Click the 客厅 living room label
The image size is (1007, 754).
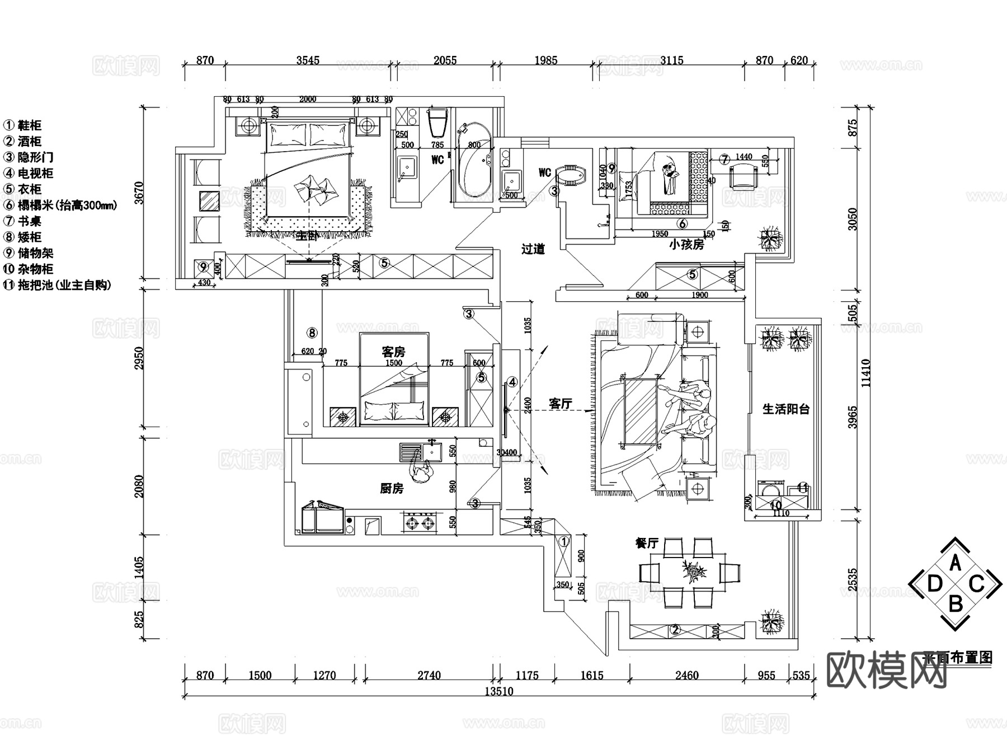click(x=561, y=404)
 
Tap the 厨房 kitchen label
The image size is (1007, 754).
click(x=392, y=489)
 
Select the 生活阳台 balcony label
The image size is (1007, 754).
click(x=786, y=409)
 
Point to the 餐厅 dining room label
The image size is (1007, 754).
click(x=647, y=543)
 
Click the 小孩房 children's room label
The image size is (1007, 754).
click(x=686, y=245)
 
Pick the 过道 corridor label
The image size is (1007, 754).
click(x=533, y=249)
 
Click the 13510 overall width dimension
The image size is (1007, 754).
click(x=498, y=691)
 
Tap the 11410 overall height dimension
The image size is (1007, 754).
click(x=866, y=372)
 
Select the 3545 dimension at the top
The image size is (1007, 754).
click(x=308, y=60)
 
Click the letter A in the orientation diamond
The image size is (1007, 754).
click(x=956, y=563)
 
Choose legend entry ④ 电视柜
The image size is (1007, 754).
click(x=29, y=174)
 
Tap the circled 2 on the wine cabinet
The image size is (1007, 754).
click(x=675, y=630)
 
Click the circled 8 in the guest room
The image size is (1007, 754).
click(x=312, y=333)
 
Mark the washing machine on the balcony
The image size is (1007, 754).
click(x=771, y=489)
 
